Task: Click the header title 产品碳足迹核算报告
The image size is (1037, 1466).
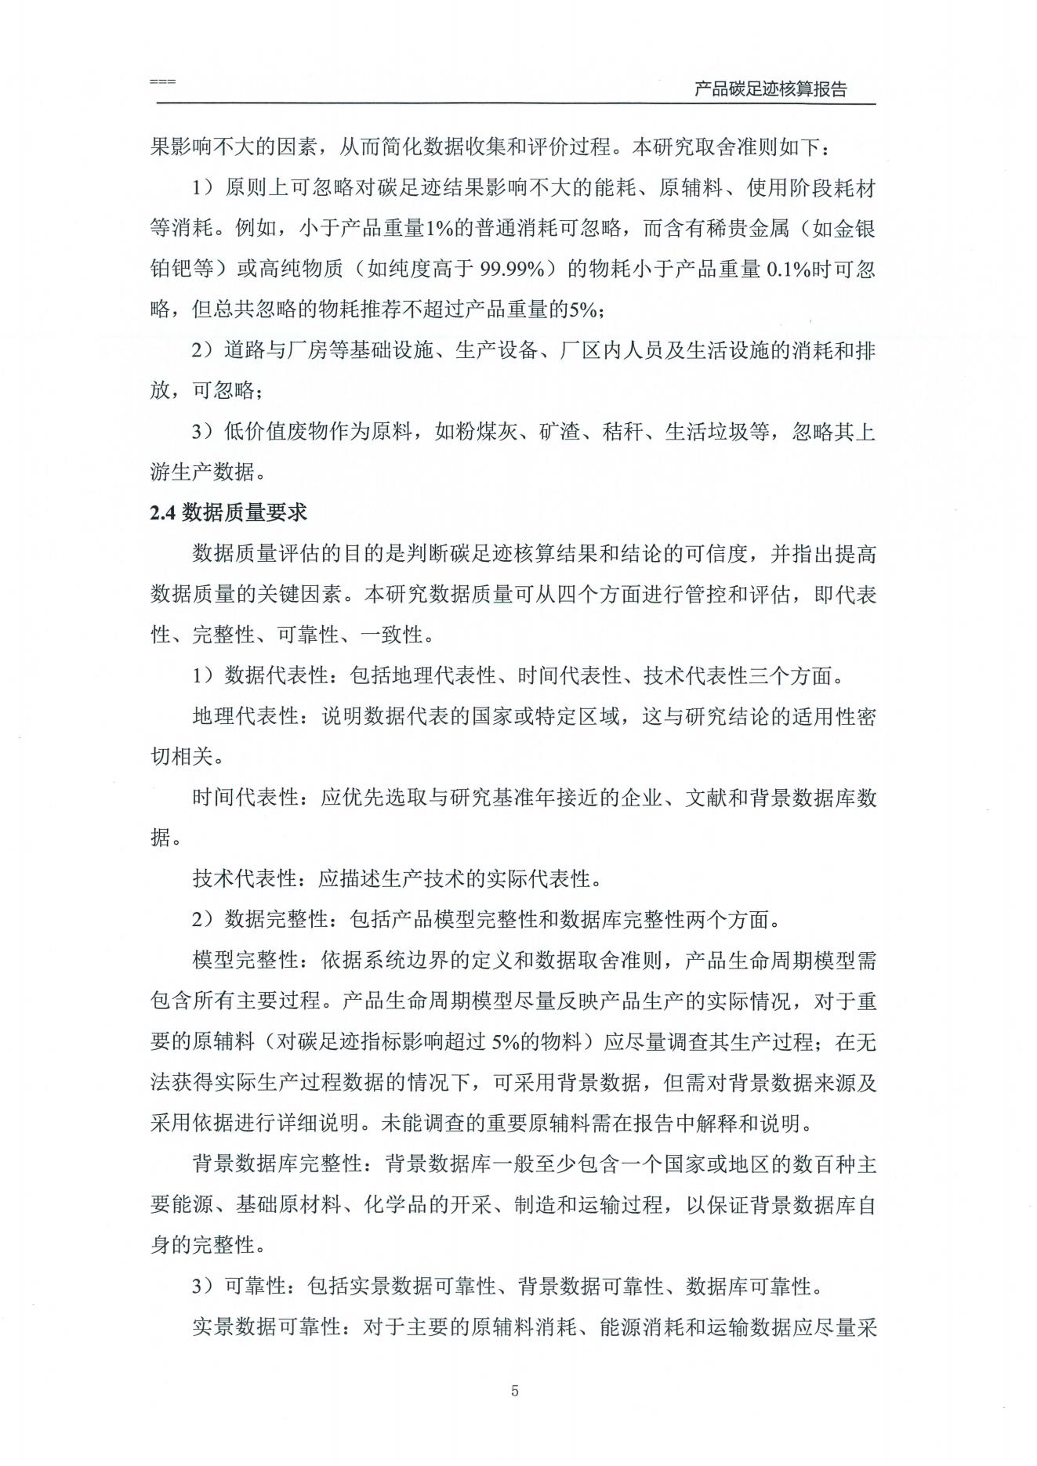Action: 770,89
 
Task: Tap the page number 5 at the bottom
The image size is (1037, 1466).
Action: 515,1392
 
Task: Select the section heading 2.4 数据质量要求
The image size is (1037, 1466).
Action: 228,512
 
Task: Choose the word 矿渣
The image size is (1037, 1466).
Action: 559,432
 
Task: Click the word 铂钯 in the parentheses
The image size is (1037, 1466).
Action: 171,270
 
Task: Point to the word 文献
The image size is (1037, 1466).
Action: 706,798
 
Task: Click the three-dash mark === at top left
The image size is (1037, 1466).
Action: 162,81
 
